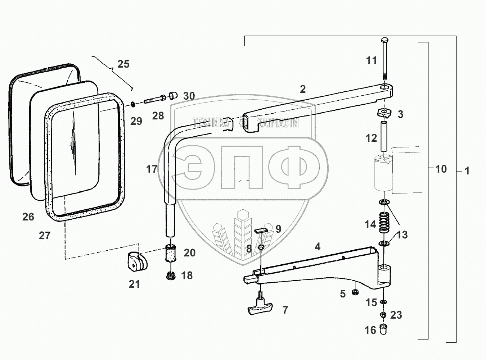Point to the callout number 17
coord(152,169)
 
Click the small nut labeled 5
coord(356,292)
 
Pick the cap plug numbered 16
coord(383,329)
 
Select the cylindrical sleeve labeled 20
coord(170,254)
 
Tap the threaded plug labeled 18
coord(171,276)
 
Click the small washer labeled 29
coord(133,104)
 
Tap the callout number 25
coord(123,64)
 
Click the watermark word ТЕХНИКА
coord(211,123)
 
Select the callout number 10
coord(441,169)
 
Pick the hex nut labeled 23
coord(384,314)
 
